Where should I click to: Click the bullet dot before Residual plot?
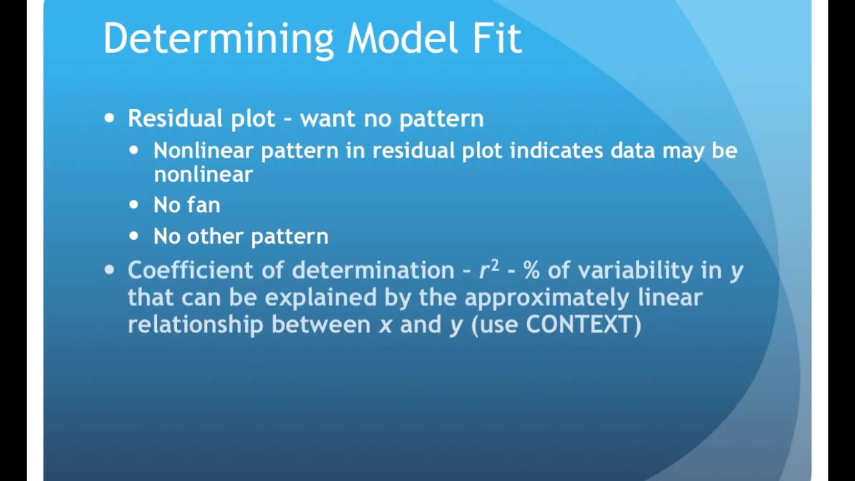pos(110,119)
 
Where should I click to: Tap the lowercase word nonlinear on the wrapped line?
pos(203,174)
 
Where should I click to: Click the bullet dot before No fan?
pos(134,204)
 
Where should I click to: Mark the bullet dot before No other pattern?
pos(134,236)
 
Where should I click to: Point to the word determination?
pos(373,270)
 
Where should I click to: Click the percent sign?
pos(532,270)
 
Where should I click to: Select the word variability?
pos(645,270)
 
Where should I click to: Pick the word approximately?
pos(546,297)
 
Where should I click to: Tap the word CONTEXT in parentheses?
pos(578,325)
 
